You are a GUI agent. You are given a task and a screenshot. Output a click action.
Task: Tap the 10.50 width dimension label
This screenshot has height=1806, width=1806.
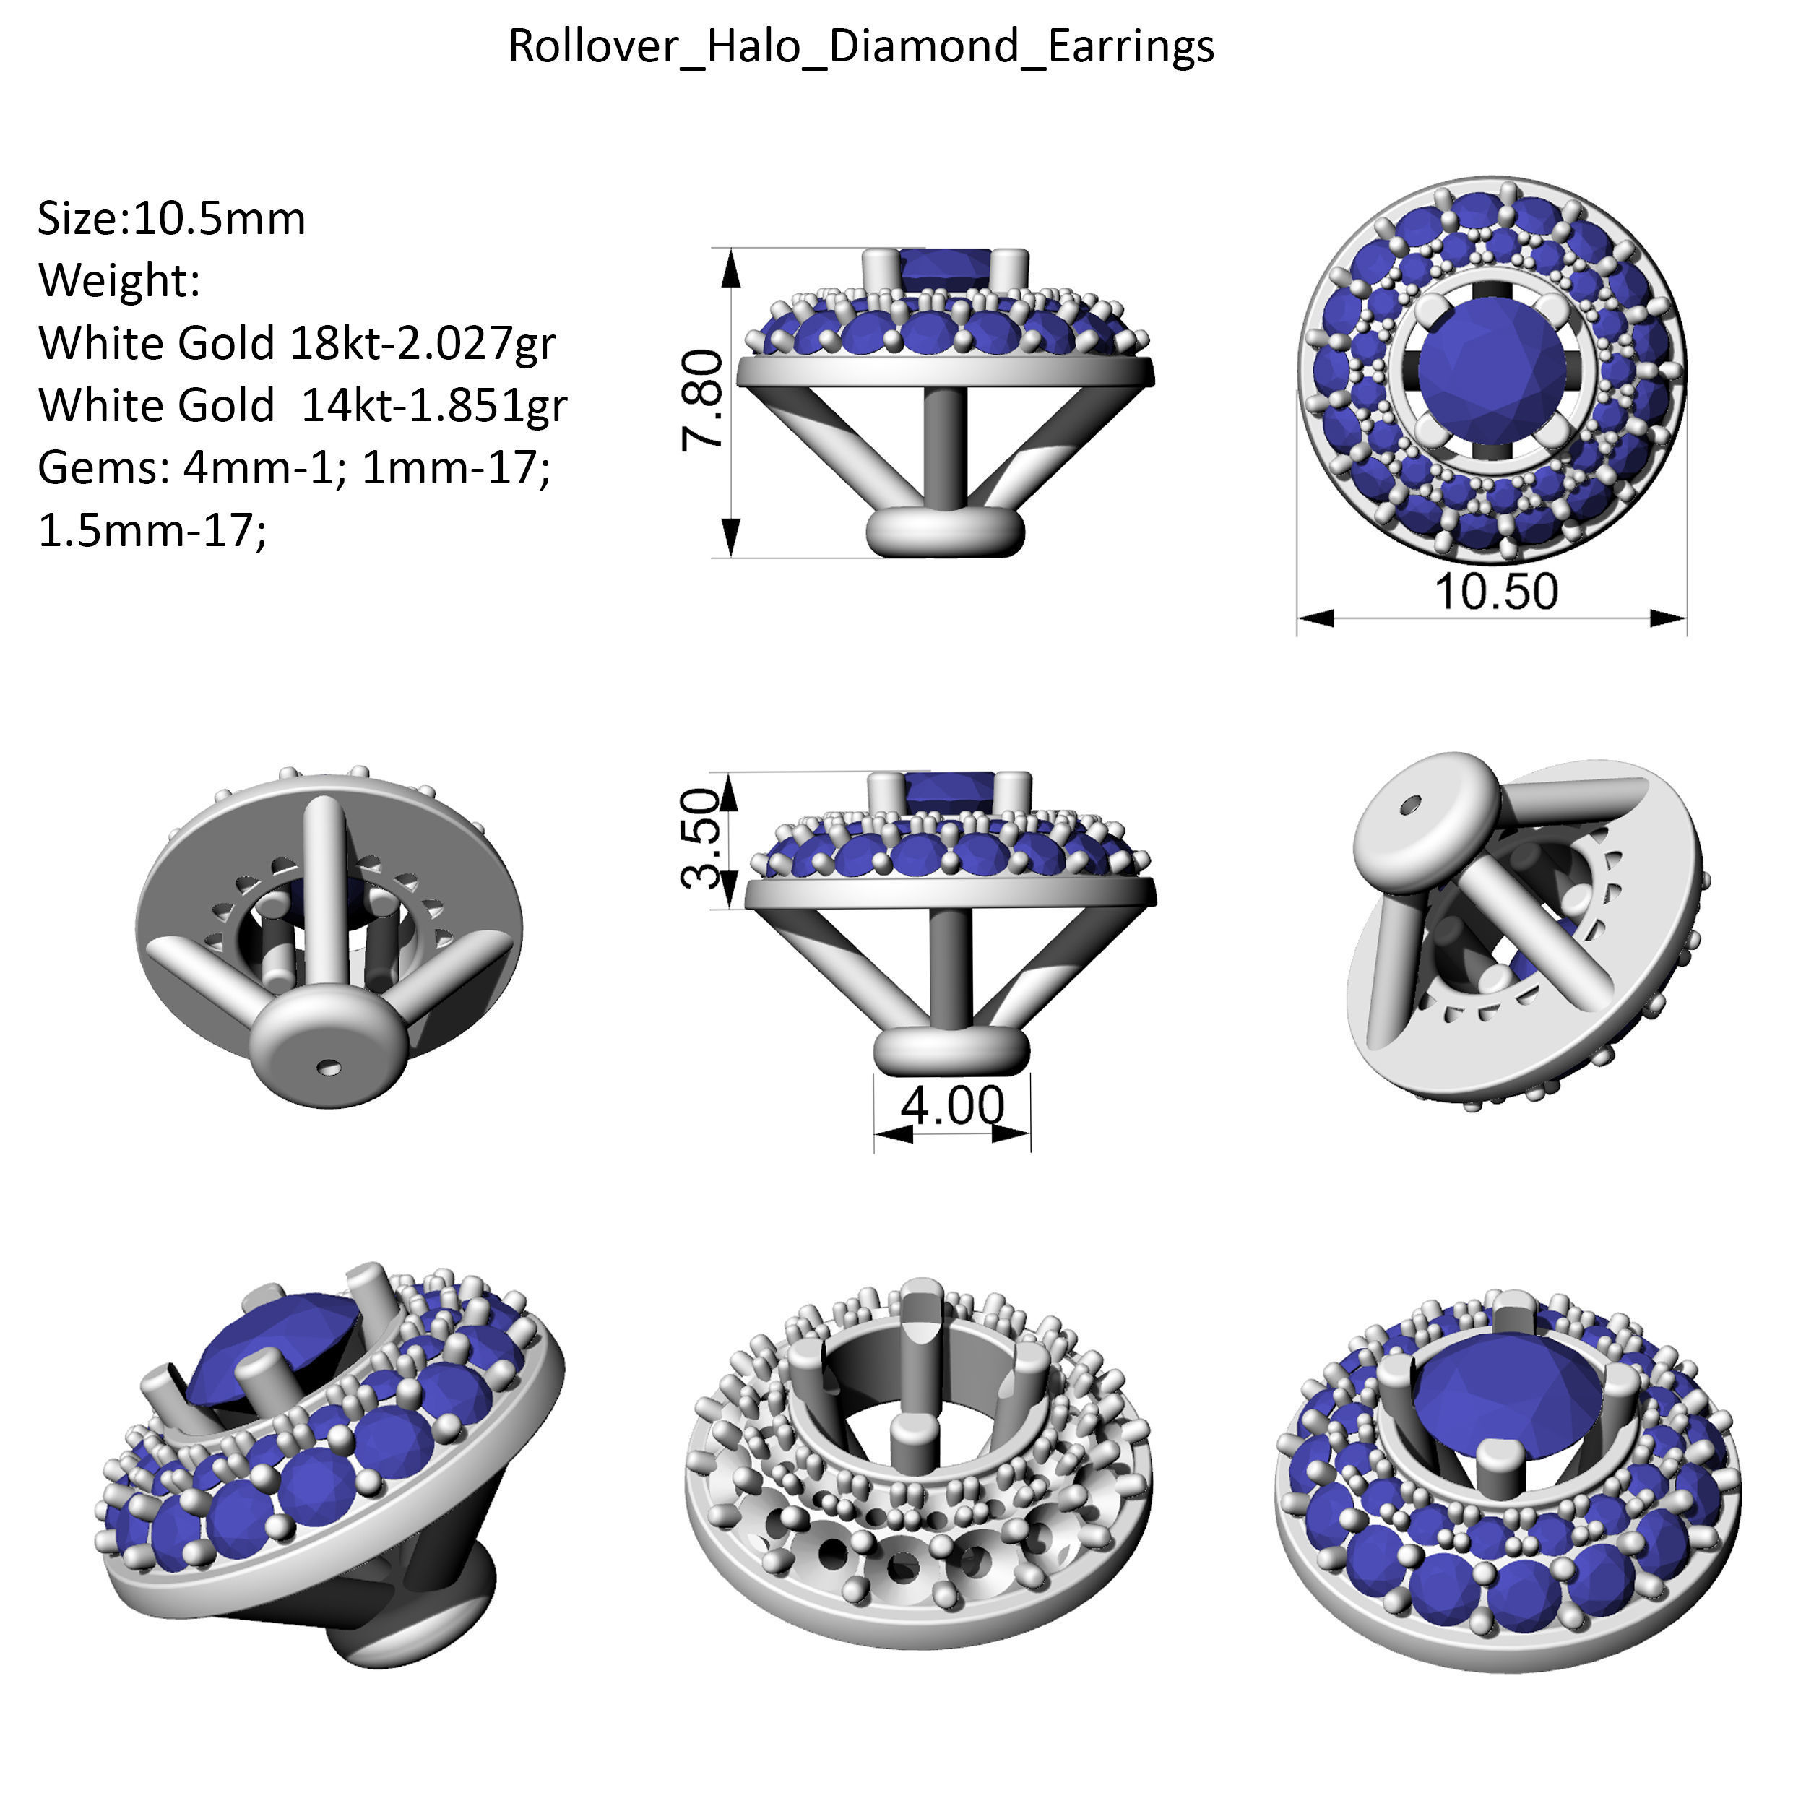pyautogui.click(x=1495, y=592)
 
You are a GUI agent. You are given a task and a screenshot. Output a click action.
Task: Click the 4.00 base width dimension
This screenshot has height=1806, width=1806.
pyautogui.click(x=951, y=1106)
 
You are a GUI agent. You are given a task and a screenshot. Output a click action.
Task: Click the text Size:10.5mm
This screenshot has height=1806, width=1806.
pyautogui.click(x=172, y=219)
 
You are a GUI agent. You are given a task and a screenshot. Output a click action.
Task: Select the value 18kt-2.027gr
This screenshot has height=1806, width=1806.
pyautogui.click(x=423, y=343)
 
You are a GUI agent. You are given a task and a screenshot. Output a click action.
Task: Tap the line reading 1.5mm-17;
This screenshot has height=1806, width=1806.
pyautogui.click(x=152, y=530)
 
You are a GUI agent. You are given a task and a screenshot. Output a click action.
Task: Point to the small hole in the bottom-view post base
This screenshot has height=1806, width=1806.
pyautogui.click(x=328, y=1066)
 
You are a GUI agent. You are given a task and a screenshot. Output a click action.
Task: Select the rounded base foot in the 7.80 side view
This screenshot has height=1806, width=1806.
pyautogui.click(x=945, y=533)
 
